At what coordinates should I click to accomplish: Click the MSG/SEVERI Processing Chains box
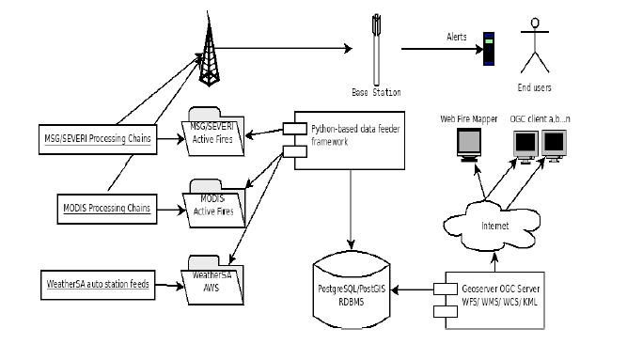point(98,139)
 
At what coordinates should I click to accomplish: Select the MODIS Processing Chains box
point(107,209)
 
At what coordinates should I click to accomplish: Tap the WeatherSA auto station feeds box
point(98,285)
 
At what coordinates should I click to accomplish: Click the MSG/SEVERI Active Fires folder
point(213,132)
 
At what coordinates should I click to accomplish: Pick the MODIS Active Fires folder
point(214,204)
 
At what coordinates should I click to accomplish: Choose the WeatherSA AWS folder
point(212,281)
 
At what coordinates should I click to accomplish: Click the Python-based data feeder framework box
point(350,140)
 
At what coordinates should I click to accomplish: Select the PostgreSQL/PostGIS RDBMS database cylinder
point(352,290)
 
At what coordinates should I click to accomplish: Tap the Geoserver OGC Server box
point(494,301)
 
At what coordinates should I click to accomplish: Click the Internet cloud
point(493,226)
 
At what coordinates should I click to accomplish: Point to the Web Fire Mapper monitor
point(469,145)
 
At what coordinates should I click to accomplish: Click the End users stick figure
point(535,45)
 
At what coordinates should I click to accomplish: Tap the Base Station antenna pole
point(376,50)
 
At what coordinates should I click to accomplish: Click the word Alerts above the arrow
point(457,38)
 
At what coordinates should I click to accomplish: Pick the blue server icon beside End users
point(489,49)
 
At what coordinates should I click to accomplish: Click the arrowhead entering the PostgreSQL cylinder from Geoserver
point(395,290)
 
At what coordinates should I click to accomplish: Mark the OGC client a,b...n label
point(540,118)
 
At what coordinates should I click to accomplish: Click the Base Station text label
point(376,92)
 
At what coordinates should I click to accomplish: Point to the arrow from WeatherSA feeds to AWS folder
point(169,285)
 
